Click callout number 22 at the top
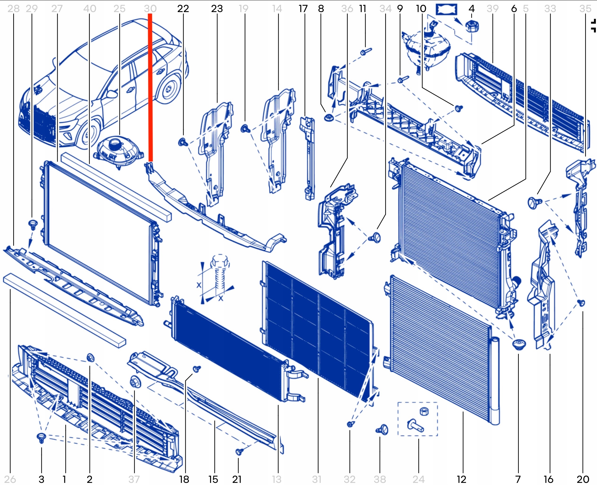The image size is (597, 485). pos(183,9)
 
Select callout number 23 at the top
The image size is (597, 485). pos(217,9)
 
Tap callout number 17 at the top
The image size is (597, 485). pos(303,9)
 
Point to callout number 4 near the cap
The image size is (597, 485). pos(472,9)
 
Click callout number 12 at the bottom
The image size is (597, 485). pos(462,479)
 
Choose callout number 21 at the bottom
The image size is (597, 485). pos(237,479)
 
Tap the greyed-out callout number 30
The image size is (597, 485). pos(150,9)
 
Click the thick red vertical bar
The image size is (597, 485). pos(150,87)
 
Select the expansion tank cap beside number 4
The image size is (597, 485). pos(472,26)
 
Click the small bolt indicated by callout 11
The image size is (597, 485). pos(366,51)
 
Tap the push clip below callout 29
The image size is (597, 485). pos(33,225)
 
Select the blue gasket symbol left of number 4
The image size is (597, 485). pos(446,9)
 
